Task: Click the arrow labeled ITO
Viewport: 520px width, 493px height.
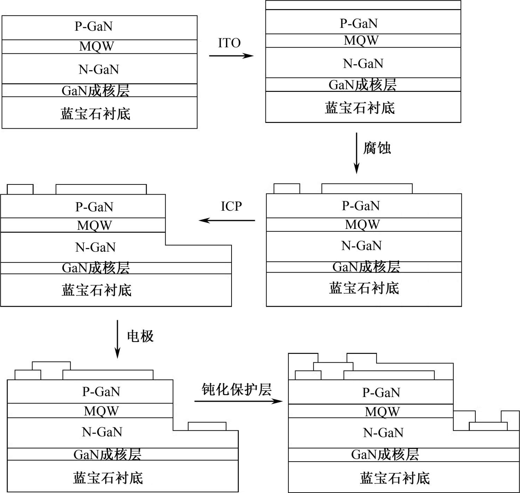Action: click(x=231, y=56)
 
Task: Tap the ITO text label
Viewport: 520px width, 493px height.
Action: click(x=229, y=43)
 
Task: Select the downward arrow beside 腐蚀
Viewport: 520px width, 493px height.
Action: click(x=356, y=153)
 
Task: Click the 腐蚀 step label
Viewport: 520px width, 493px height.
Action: click(x=377, y=148)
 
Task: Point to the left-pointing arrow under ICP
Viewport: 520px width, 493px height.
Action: click(x=227, y=220)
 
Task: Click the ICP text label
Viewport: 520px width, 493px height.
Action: click(x=231, y=206)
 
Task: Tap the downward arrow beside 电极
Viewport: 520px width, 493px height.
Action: click(x=117, y=339)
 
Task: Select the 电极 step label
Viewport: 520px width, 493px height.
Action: click(x=140, y=336)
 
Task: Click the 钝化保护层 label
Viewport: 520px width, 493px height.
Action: click(x=236, y=390)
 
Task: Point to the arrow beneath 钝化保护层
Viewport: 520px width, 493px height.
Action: click(x=239, y=401)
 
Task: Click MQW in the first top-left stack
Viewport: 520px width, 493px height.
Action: click(x=96, y=46)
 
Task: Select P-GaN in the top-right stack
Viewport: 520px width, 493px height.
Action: click(x=359, y=23)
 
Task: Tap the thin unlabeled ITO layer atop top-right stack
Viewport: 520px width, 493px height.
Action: click(x=363, y=5)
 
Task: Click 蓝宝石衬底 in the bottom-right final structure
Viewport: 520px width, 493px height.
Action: click(x=395, y=478)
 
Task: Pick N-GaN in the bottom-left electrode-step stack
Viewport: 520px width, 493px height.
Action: click(x=102, y=432)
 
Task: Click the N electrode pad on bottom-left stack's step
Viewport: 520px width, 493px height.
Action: click(x=207, y=426)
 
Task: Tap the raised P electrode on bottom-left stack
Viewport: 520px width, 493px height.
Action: click(x=51, y=366)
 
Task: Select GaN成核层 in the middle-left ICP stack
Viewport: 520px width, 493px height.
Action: click(x=96, y=268)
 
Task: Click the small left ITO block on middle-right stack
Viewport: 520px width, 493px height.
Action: click(x=287, y=188)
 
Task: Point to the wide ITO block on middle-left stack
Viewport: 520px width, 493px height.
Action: click(x=101, y=189)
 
